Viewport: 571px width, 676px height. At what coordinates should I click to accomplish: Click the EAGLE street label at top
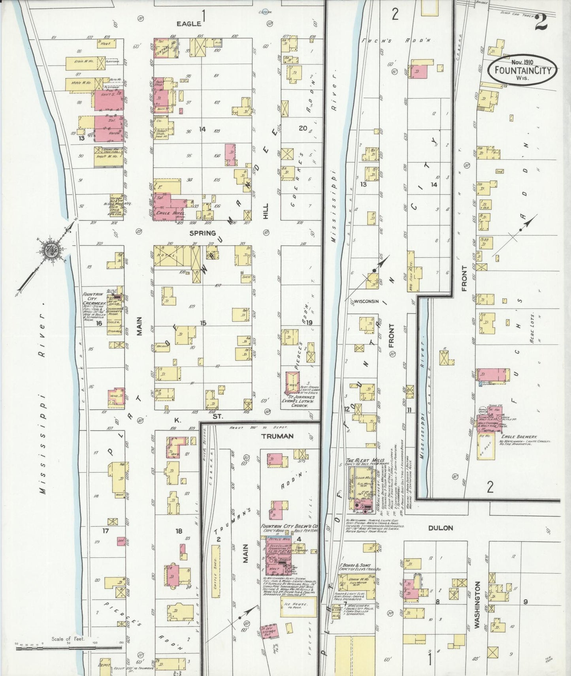point(188,24)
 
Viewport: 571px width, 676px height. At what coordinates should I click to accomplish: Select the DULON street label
point(440,528)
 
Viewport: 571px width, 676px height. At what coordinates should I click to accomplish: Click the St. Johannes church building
point(293,382)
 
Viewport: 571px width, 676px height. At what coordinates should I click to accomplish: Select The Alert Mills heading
point(360,460)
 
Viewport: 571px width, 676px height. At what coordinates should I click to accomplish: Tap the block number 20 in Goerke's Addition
point(303,128)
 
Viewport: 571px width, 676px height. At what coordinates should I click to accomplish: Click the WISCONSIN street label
point(366,301)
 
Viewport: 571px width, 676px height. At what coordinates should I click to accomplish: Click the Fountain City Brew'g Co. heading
point(289,526)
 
